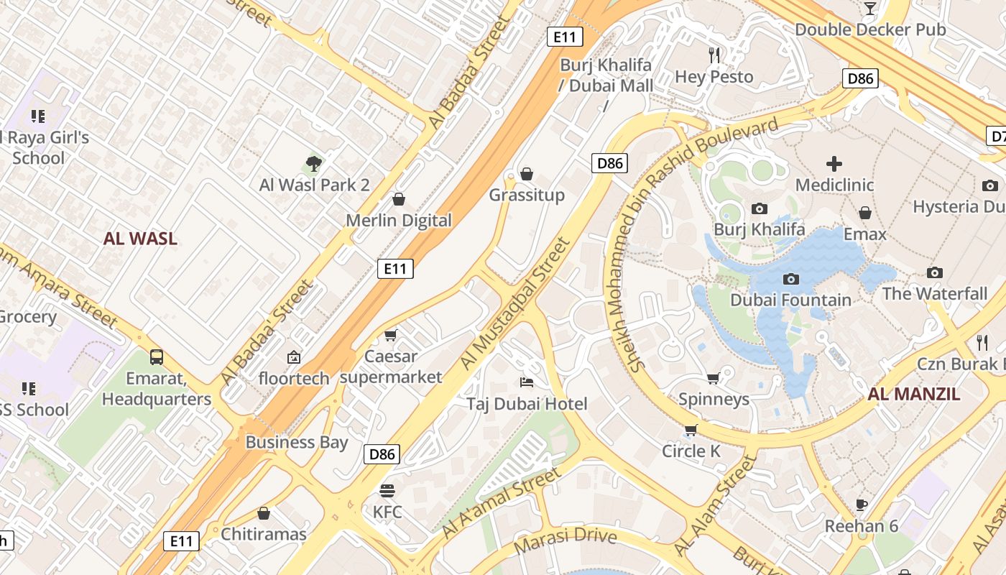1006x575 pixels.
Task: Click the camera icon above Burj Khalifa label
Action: pos(759,209)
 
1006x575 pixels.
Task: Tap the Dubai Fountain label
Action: pos(790,300)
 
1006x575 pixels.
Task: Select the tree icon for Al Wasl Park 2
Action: pos(313,165)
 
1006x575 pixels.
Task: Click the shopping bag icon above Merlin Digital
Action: pos(399,199)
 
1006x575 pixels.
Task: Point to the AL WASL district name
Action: pos(140,239)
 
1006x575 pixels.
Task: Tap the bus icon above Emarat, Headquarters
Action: pos(156,356)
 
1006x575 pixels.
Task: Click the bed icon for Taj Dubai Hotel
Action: pos(527,382)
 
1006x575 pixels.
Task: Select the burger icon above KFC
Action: pos(387,491)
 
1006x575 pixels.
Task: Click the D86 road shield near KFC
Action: pos(382,454)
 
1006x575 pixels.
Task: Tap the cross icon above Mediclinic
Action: pos(834,164)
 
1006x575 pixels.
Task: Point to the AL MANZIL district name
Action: pos(913,394)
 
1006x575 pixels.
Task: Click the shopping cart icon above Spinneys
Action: pos(714,378)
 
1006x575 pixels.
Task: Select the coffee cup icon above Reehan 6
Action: pos(861,505)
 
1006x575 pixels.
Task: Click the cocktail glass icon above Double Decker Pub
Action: pos(870,9)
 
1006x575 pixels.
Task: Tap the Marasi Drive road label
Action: pos(566,536)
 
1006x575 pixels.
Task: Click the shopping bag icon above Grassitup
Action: pos(527,174)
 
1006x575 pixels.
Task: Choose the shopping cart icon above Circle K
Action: pos(691,430)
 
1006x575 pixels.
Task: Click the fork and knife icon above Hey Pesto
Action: pos(714,55)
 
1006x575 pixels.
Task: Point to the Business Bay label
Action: pos(297,442)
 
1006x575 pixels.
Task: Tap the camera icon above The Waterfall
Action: pos(934,272)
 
